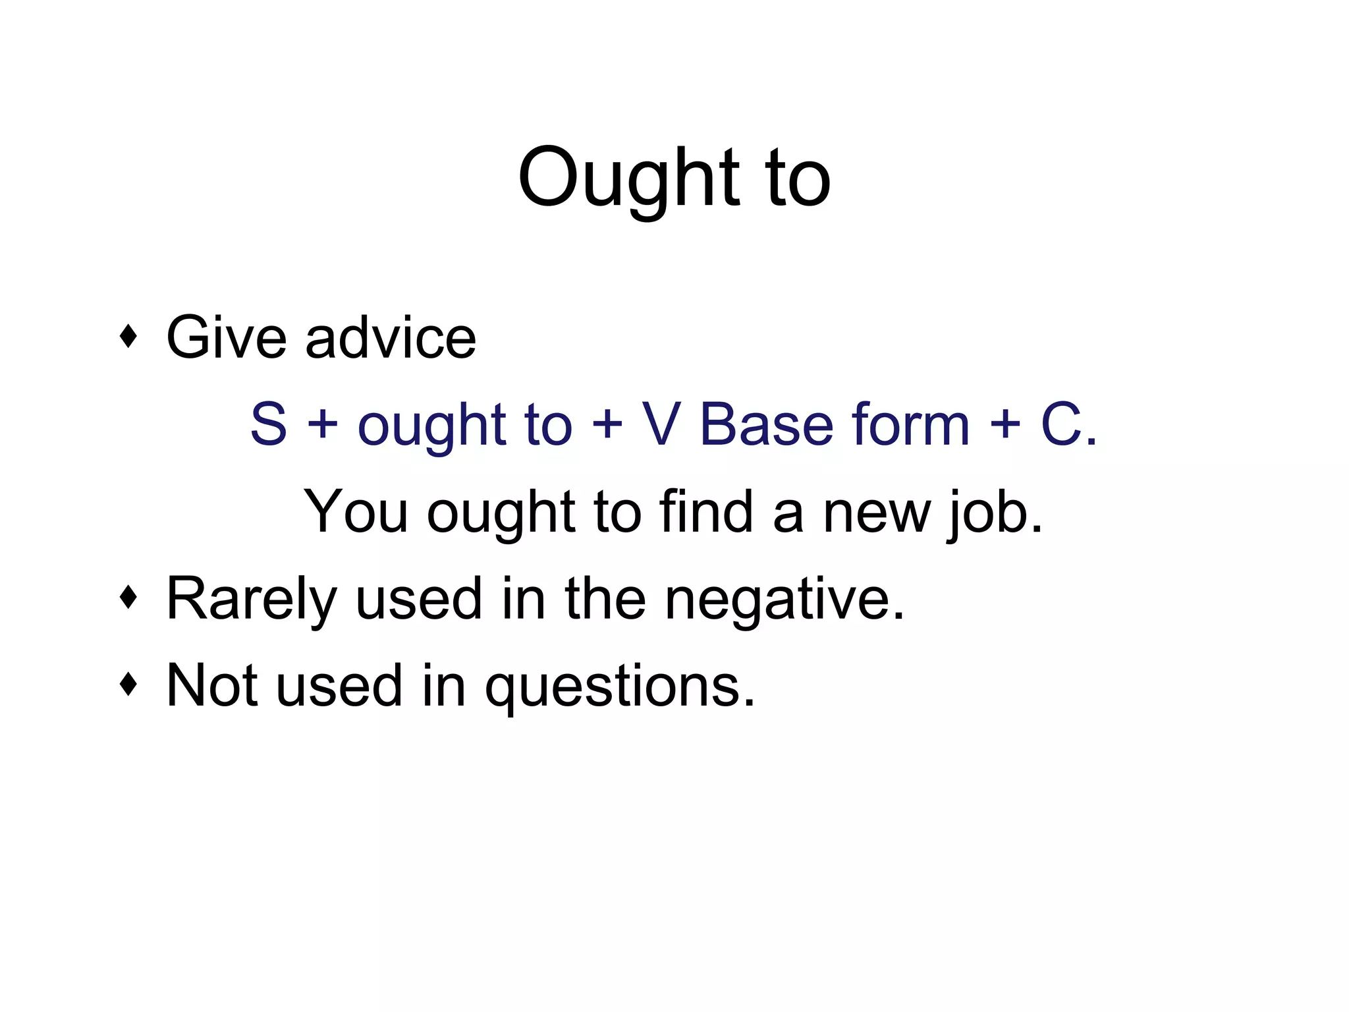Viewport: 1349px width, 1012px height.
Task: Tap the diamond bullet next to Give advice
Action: [x=129, y=337]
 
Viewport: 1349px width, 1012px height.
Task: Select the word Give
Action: [x=227, y=337]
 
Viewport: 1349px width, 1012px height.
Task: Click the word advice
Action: [x=390, y=337]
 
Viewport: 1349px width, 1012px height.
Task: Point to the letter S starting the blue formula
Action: [x=269, y=424]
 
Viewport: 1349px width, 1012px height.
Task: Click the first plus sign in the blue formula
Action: [x=322, y=424]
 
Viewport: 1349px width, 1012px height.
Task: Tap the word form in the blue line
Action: [x=910, y=424]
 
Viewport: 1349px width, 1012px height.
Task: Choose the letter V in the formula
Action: [x=661, y=424]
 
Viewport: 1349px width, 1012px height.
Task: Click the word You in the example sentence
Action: [x=356, y=511]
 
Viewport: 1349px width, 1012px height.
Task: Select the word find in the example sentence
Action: [x=706, y=511]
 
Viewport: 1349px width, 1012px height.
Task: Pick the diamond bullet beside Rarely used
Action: [x=129, y=598]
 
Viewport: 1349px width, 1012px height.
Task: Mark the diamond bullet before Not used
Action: [x=129, y=685]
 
